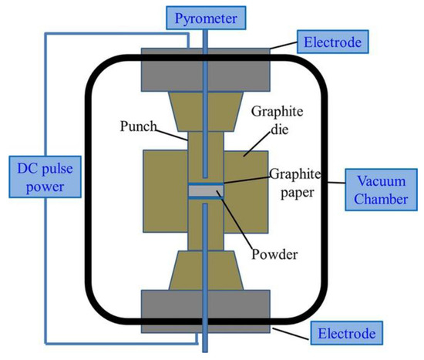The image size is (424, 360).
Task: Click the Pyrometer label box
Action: [206, 15]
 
